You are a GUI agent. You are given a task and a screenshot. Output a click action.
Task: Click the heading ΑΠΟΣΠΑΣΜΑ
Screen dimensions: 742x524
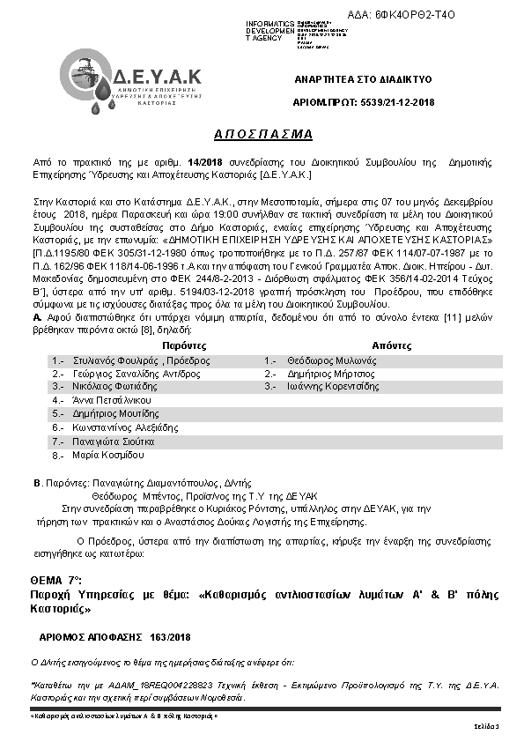pos(263,134)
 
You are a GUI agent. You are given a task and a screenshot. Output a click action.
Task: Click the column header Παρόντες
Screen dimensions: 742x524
pos(164,346)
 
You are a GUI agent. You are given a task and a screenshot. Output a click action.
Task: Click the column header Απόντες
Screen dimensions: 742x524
pos(391,346)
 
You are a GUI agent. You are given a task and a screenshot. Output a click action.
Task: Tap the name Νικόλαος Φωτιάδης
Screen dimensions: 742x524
pos(110,386)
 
